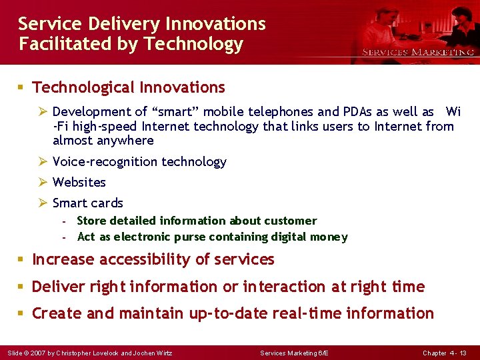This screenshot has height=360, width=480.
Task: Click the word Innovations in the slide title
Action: [x=216, y=24]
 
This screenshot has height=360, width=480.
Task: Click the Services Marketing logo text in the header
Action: [x=417, y=52]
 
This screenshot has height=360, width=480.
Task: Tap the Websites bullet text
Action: [x=79, y=182]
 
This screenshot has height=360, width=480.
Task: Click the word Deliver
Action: [x=57, y=287]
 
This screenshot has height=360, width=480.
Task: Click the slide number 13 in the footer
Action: [x=463, y=353]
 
